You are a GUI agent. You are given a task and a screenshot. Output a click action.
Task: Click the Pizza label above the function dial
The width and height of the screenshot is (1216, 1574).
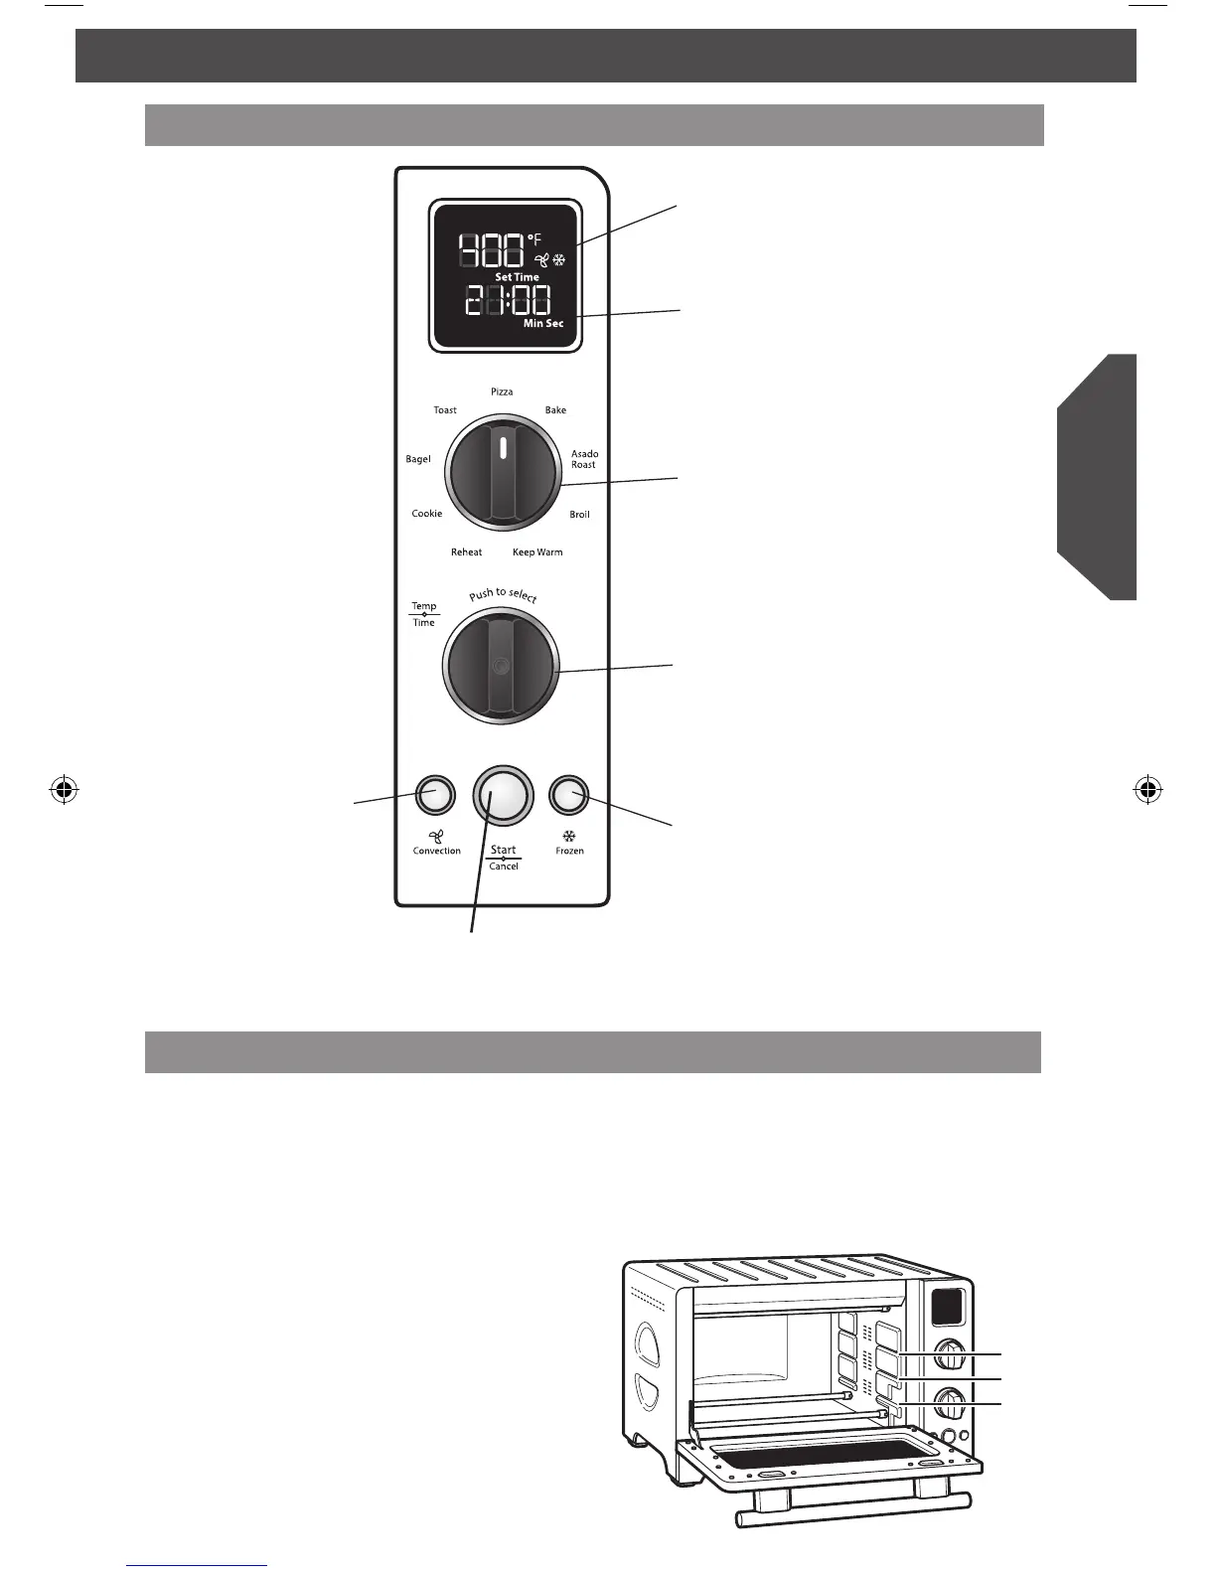[x=502, y=393]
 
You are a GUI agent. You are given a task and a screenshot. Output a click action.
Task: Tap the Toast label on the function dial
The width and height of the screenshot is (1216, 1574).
[x=445, y=410]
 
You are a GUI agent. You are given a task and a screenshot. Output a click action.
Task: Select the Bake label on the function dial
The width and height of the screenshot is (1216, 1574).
[x=555, y=410]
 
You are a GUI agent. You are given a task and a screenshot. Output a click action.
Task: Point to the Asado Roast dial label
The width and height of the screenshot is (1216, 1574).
[x=584, y=459]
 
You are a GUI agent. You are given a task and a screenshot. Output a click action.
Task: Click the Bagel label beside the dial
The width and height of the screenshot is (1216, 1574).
[x=418, y=459]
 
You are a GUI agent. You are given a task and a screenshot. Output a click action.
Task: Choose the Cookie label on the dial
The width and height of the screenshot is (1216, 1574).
[x=427, y=514]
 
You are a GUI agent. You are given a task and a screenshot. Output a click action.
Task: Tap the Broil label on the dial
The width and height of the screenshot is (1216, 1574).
[x=579, y=515]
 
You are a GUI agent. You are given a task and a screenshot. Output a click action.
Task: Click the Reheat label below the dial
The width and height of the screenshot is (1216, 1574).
[x=466, y=552]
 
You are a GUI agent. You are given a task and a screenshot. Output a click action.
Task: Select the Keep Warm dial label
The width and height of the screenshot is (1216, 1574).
[x=537, y=552]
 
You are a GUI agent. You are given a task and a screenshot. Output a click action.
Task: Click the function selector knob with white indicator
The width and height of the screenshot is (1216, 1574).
[x=502, y=474]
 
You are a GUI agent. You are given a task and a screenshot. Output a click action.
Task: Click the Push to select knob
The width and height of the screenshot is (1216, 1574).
[x=502, y=666]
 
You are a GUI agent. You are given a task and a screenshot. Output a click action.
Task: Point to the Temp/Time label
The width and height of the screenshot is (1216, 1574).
[x=424, y=614]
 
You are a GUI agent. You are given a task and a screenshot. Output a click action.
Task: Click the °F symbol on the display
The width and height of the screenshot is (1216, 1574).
[x=534, y=239]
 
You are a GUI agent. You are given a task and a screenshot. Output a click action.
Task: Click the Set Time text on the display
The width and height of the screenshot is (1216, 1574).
[x=517, y=277]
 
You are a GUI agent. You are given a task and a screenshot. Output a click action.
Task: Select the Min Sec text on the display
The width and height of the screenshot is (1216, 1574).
[x=543, y=324]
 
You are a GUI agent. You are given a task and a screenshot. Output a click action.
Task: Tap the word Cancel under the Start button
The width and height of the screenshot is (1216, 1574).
[x=504, y=866]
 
